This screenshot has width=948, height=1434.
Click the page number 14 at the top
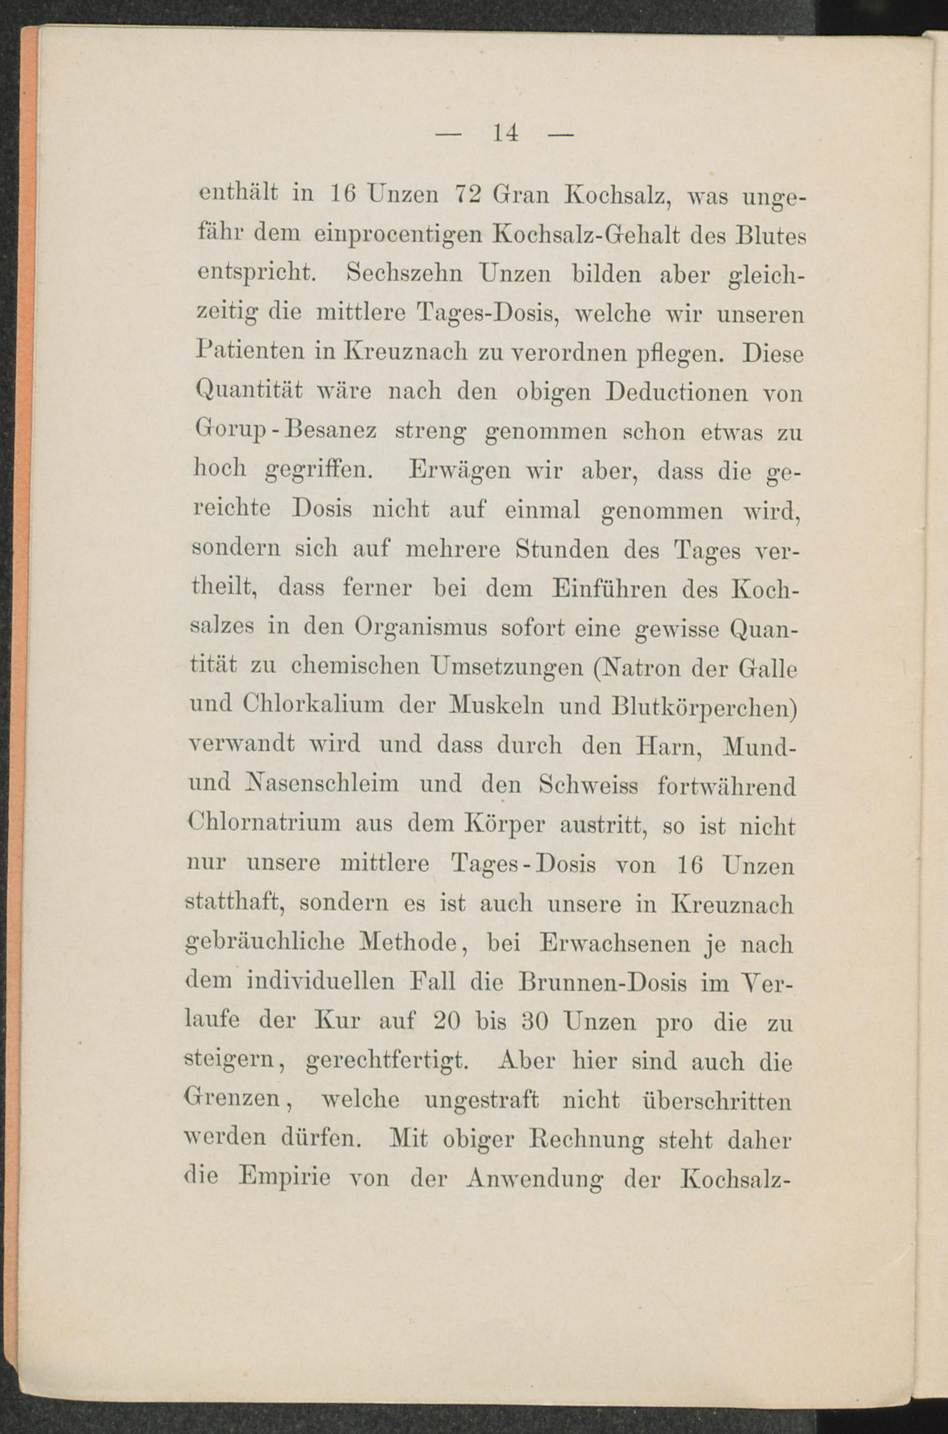tap(505, 132)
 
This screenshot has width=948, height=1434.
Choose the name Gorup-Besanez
tap(287, 432)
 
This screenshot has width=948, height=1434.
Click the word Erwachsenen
tap(614, 944)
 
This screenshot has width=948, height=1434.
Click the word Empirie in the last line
tap(283, 1178)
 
